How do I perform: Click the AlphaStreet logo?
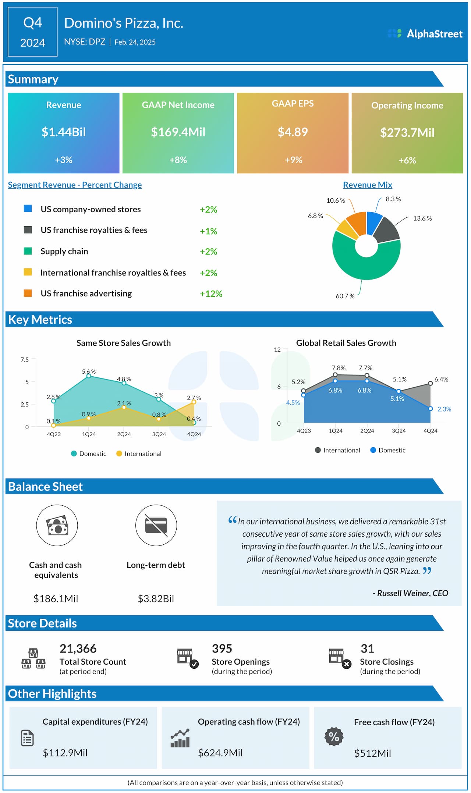pos(425,34)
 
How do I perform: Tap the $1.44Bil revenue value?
pos(64,132)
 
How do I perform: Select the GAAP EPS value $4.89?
pos(293,132)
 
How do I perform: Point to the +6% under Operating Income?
pos(407,160)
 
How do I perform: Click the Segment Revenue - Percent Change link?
pos(75,185)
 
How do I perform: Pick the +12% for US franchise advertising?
pos(211,294)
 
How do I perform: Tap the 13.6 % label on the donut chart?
pos(422,218)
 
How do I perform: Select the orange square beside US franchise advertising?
pos(28,293)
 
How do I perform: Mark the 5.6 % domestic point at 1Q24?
pos(89,376)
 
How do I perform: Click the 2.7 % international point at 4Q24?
pos(194,402)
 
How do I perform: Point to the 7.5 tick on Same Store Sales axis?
pos(25,360)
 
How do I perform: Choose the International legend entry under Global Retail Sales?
pos(337,450)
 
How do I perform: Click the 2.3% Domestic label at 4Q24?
pos(444,409)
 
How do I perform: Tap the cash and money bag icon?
pos(57,525)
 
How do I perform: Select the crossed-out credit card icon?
pos(156,525)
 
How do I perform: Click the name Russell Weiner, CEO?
pos(411,593)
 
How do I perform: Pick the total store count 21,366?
pos(78,649)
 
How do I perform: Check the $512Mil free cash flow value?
pos(372,754)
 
